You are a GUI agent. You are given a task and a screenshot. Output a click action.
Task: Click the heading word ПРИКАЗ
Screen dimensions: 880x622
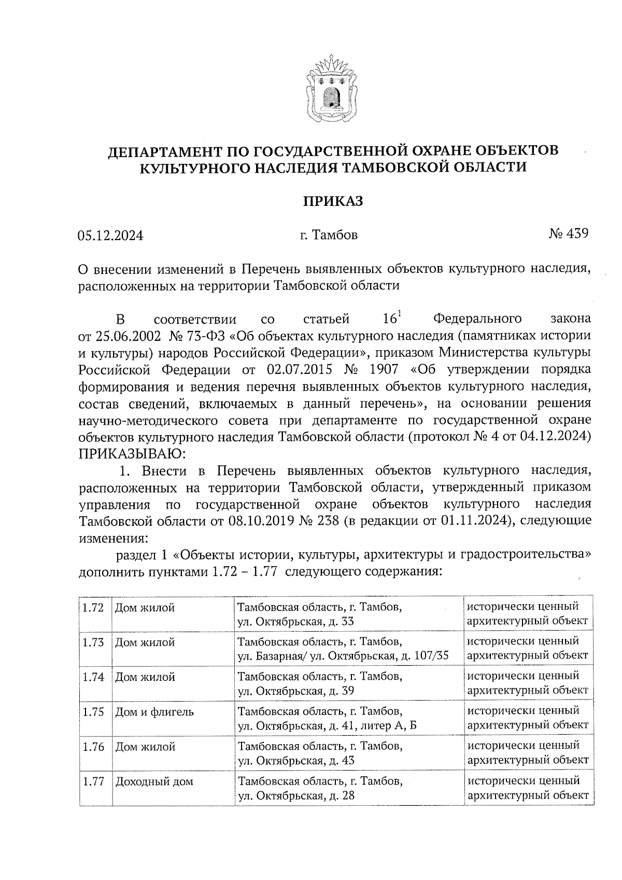[x=333, y=201]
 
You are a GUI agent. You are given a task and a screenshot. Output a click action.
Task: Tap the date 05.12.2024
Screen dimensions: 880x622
[x=110, y=235]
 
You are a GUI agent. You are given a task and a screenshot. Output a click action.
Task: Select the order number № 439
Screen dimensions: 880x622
[x=568, y=234]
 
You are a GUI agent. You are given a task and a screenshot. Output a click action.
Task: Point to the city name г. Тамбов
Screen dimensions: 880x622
[x=329, y=235]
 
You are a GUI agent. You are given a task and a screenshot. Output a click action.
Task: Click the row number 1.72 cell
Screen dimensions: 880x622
[x=93, y=607]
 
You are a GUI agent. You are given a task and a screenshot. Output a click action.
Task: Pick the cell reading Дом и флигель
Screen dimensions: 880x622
[x=154, y=712]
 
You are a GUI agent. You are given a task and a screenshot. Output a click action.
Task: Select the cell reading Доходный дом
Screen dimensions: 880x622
[x=154, y=781]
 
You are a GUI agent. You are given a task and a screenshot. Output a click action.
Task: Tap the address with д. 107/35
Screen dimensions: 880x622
[x=343, y=655]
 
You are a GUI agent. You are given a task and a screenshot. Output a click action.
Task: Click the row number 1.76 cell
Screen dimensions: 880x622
[x=93, y=747]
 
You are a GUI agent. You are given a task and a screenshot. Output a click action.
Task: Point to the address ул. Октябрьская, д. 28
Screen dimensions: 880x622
[x=296, y=795]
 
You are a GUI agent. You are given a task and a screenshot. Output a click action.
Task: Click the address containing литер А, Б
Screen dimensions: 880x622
[x=327, y=725]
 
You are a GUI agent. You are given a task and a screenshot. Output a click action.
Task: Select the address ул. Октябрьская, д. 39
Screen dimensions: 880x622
[x=296, y=690]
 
